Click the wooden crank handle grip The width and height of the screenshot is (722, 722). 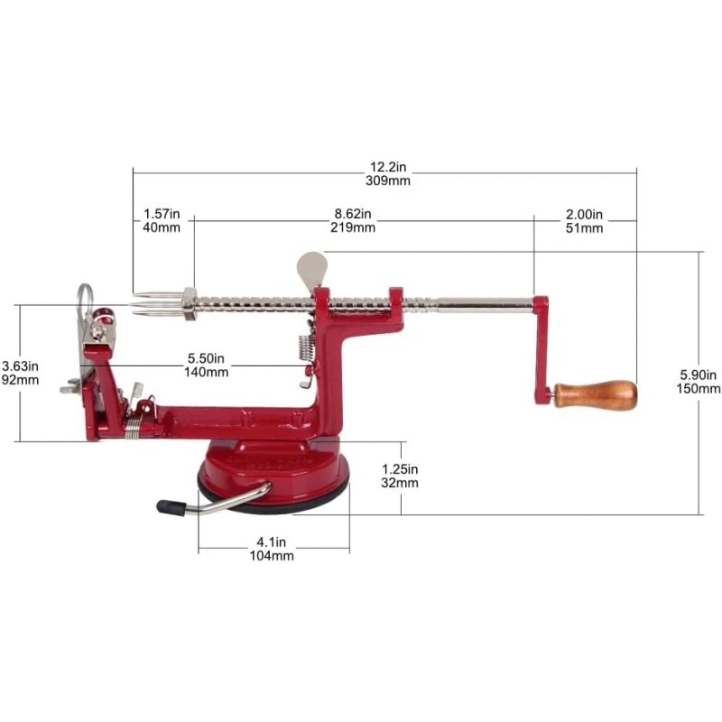pyautogui.click(x=596, y=395)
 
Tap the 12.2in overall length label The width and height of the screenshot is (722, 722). pyautogui.click(x=388, y=167)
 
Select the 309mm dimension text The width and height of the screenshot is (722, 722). pyautogui.click(x=388, y=180)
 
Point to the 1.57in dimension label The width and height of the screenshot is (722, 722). pyautogui.click(x=162, y=214)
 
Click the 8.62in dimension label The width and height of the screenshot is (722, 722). pyautogui.click(x=353, y=214)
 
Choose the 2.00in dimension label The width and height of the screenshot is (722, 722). pyautogui.click(x=584, y=215)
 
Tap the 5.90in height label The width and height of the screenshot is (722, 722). pyautogui.click(x=698, y=375)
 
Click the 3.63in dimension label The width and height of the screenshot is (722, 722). pyautogui.click(x=20, y=366)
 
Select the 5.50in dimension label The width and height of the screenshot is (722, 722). pyautogui.click(x=206, y=358)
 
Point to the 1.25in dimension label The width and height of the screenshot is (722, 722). pyautogui.click(x=400, y=469)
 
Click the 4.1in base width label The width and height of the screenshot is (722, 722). pyautogui.click(x=272, y=542)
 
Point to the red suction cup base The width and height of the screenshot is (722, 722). pyautogui.click(x=273, y=475)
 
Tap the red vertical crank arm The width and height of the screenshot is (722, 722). pyautogui.click(x=541, y=350)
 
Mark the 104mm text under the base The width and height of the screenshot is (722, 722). pyautogui.click(x=272, y=556)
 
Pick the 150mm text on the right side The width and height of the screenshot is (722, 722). pyautogui.click(x=698, y=389)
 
